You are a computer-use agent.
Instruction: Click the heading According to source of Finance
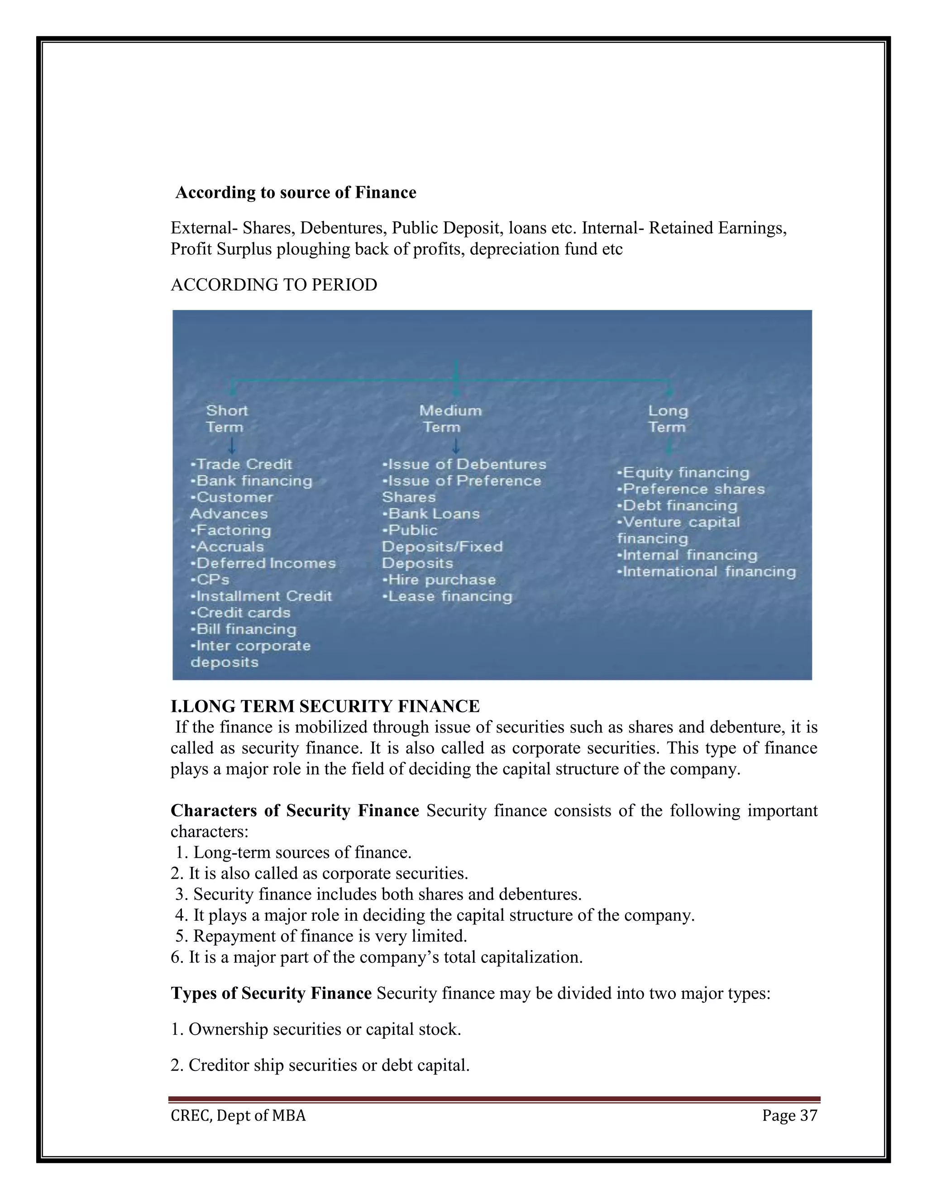click(296, 193)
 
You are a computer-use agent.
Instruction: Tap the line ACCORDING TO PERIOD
click(273, 285)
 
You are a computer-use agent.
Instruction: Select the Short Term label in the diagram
click(226, 419)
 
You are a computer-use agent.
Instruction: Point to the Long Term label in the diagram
click(667, 419)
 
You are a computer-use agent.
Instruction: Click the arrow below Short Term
click(232, 445)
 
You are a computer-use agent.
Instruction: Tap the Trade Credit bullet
click(242, 465)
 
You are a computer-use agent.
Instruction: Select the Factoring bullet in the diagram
click(231, 530)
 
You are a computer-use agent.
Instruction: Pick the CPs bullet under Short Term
click(211, 580)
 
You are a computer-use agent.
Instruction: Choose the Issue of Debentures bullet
click(464, 465)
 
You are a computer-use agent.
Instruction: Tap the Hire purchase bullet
click(440, 580)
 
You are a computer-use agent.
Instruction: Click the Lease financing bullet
click(448, 596)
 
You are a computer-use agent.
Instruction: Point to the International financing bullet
click(707, 571)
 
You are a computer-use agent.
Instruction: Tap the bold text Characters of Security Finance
click(295, 811)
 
